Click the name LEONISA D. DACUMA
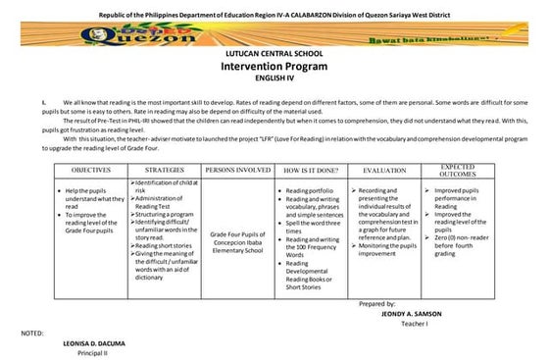[x=90, y=343]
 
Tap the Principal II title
[x=90, y=353]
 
